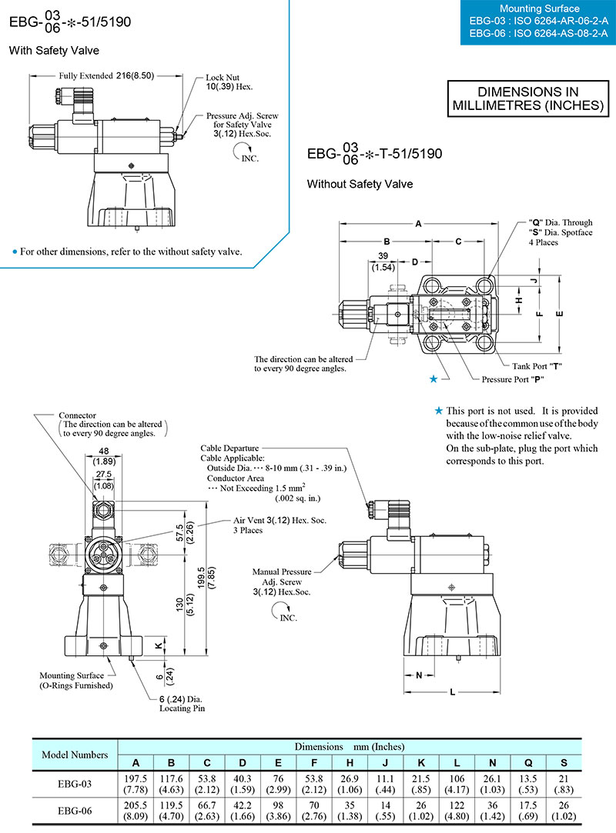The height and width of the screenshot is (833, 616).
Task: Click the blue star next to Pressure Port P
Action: click(x=437, y=378)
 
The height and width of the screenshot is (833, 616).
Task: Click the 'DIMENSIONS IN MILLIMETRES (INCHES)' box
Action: click(x=527, y=98)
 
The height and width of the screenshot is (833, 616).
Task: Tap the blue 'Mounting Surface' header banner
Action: click(x=537, y=22)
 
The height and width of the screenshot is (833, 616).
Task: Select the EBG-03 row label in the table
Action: click(x=74, y=783)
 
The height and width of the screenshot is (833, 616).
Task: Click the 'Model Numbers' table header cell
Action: click(x=74, y=755)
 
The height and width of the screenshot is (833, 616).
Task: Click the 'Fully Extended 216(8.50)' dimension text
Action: click(x=107, y=76)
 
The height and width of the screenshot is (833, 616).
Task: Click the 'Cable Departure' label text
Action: click(x=229, y=448)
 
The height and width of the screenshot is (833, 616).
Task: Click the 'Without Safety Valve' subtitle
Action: click(x=360, y=184)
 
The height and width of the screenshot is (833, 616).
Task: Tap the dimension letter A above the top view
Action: click(x=418, y=224)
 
